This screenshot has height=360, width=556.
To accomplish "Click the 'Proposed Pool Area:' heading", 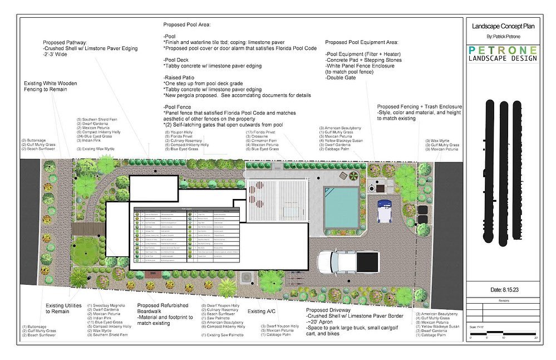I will [x=190, y=25].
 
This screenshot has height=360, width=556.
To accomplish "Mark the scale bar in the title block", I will [x=503, y=336].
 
